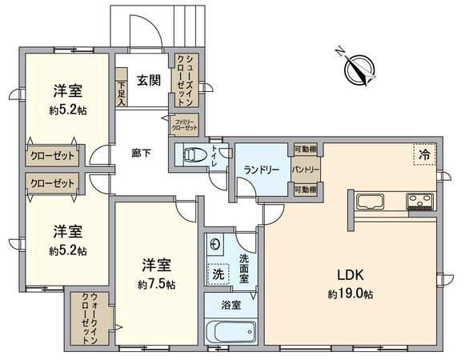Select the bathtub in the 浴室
230,331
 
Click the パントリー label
306,170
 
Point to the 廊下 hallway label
142,152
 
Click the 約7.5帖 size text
156,284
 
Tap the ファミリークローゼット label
185,125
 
